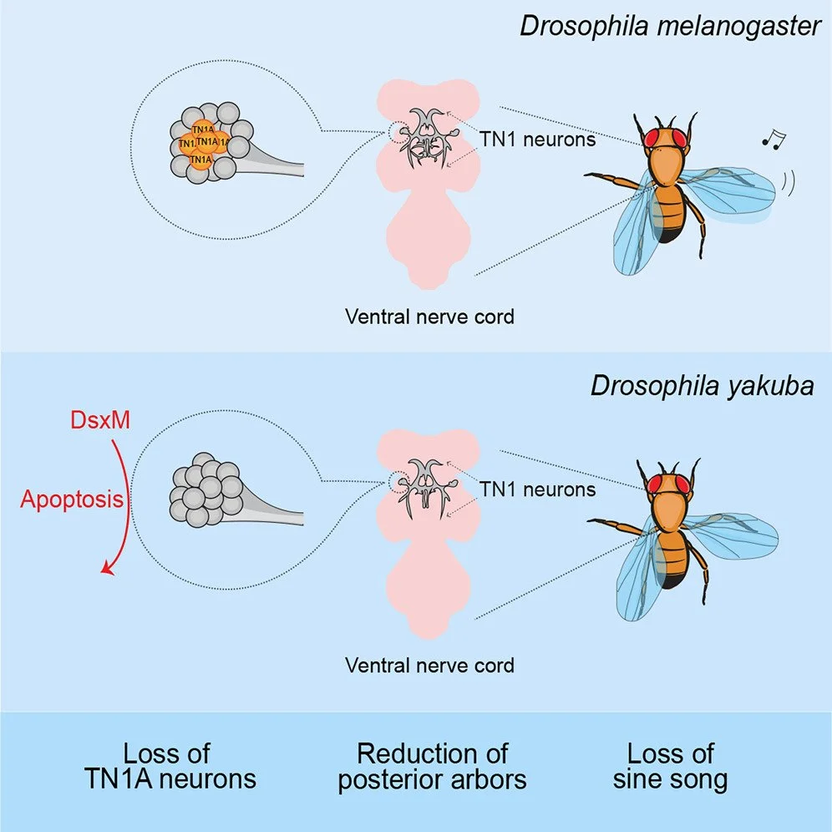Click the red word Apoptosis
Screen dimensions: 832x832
[x=72, y=501]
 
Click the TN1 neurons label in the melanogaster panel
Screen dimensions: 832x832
[x=537, y=140]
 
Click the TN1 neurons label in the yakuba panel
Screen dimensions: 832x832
[x=537, y=489]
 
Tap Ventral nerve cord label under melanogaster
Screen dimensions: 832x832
[x=429, y=317]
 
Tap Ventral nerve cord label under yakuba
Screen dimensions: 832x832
[x=429, y=666]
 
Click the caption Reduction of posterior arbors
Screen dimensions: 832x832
[x=432, y=766]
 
